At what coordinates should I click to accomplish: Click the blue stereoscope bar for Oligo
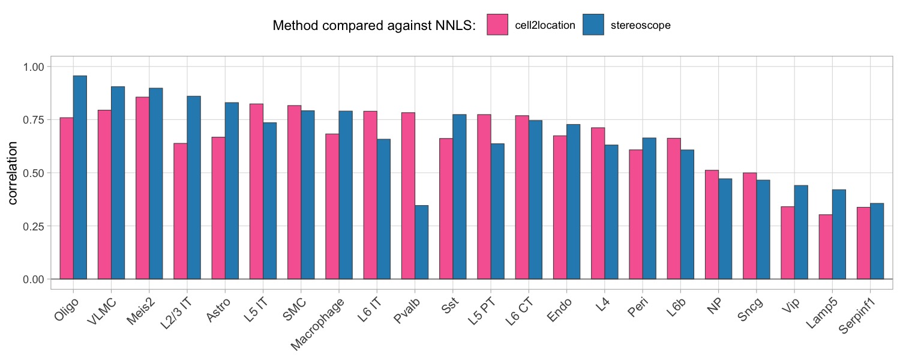tap(80, 177)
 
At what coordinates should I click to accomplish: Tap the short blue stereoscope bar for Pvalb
tap(422, 242)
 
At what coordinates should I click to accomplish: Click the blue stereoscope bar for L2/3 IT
tap(194, 187)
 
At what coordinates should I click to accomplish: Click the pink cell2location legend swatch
tap(497, 25)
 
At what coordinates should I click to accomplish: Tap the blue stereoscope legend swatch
tap(593, 25)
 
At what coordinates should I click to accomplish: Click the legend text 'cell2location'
tap(545, 25)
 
